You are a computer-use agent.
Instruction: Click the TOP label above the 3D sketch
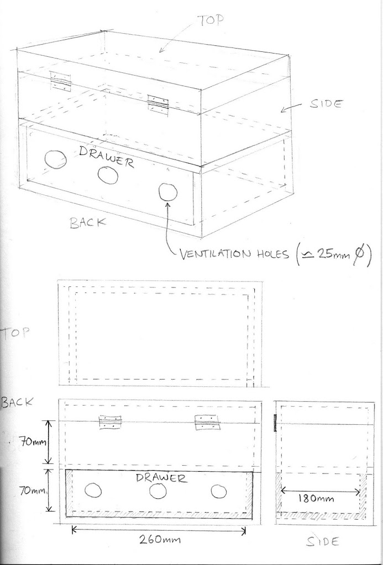(x=212, y=20)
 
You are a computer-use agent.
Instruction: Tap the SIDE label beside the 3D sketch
(x=326, y=104)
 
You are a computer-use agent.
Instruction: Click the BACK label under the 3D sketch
(x=88, y=222)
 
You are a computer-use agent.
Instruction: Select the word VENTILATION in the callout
(x=216, y=254)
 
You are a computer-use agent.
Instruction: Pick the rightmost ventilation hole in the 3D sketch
(x=168, y=191)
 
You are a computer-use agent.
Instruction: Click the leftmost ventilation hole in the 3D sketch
(x=55, y=159)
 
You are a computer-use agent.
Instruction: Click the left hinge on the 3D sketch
(x=60, y=82)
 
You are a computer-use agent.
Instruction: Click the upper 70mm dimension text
(x=33, y=441)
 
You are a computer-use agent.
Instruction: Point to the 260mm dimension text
(x=160, y=540)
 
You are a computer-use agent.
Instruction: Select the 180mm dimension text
(x=316, y=498)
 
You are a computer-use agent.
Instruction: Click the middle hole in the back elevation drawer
(x=158, y=491)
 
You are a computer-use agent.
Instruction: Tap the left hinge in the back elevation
(x=110, y=422)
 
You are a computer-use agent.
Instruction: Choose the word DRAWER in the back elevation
(x=162, y=478)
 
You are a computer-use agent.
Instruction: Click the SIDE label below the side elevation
(x=323, y=542)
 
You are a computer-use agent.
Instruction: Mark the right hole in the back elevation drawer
(x=219, y=492)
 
